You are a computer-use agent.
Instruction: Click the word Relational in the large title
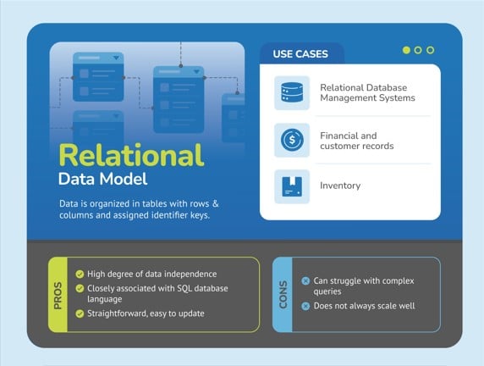(130, 155)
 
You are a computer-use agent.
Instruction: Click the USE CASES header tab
(300, 54)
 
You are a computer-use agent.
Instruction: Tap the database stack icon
(291, 92)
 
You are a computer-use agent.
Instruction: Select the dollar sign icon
(291, 140)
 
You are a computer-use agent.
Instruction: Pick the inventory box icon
(291, 186)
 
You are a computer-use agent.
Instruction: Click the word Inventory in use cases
(340, 186)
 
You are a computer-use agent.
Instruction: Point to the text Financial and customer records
(356, 141)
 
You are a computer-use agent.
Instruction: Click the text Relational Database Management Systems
(367, 92)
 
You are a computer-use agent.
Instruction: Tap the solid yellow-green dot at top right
(406, 50)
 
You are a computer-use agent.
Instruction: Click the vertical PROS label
(58, 294)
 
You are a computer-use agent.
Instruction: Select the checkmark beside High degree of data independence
(80, 274)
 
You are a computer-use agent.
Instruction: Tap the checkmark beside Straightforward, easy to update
(80, 313)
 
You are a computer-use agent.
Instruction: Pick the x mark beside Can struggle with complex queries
(305, 281)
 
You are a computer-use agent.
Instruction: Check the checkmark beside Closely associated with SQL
(80, 288)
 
